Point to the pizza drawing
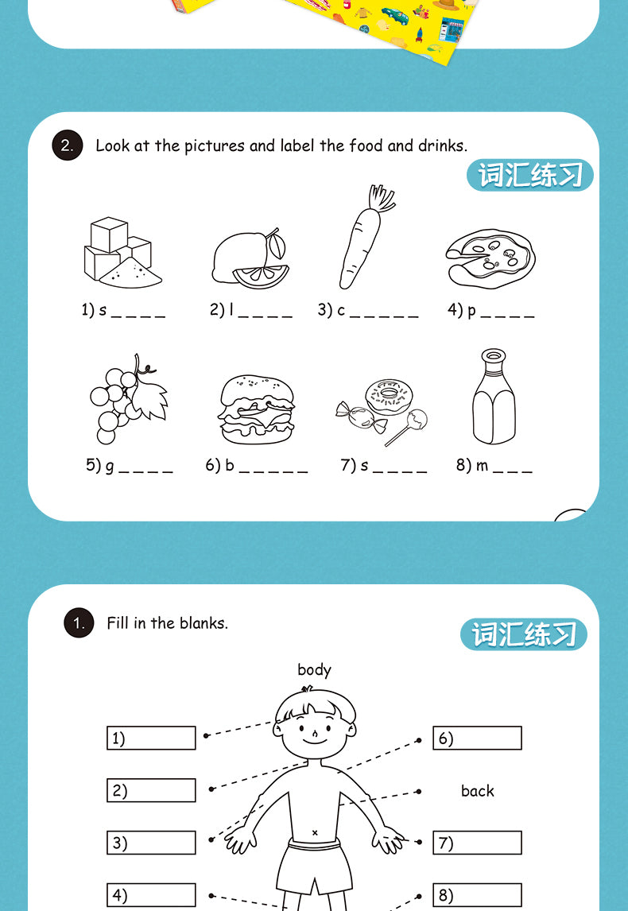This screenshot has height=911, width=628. tap(490, 257)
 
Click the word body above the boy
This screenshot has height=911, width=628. tap(314, 670)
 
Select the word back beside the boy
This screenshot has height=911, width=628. tap(477, 791)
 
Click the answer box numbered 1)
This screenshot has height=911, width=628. tap(151, 738)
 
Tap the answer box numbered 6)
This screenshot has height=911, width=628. tap(477, 738)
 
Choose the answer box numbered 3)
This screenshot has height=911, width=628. tap(151, 843)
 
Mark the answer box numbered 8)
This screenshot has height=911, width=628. tap(477, 895)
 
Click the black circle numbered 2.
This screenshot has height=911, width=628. tap(67, 146)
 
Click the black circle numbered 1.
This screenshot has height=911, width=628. tap(79, 624)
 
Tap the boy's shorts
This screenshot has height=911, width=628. tap(314, 863)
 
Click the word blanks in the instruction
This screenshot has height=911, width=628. tap(203, 623)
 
